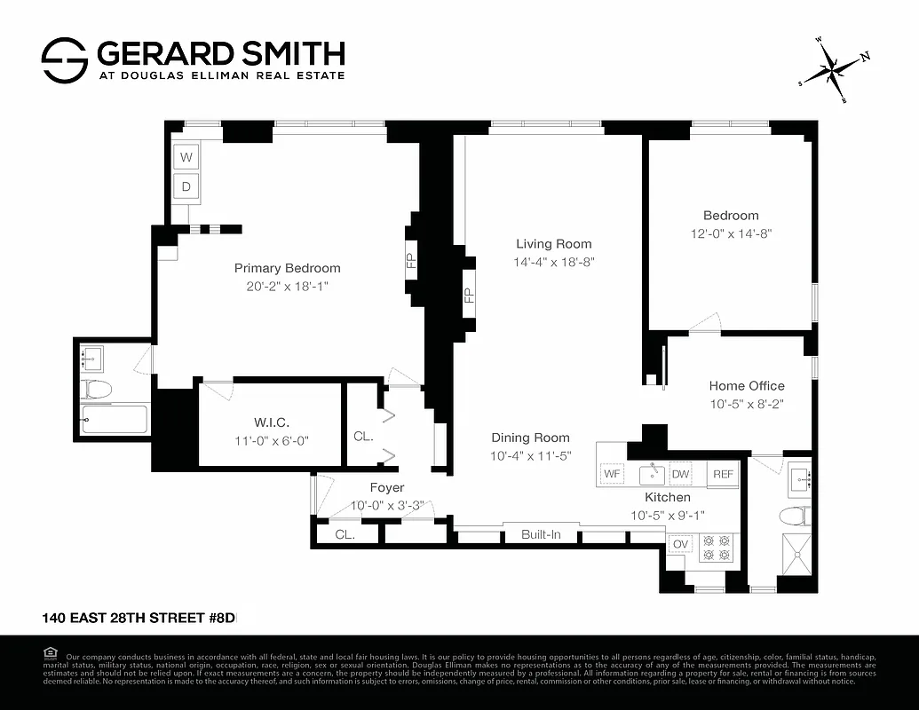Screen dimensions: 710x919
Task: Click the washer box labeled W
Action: pyautogui.click(x=186, y=158)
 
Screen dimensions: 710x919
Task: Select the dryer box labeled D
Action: pyautogui.click(x=186, y=186)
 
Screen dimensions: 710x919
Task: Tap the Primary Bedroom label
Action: pyautogui.click(x=287, y=268)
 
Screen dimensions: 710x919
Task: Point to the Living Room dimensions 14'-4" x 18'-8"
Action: pyautogui.click(x=553, y=262)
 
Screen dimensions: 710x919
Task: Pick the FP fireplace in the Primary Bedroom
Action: pyautogui.click(x=411, y=261)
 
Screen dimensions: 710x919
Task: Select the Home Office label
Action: pyautogui.click(x=746, y=385)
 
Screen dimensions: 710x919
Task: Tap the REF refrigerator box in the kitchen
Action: pyautogui.click(x=723, y=475)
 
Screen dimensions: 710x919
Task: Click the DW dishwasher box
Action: pyautogui.click(x=680, y=475)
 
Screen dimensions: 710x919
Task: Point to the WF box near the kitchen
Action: pyautogui.click(x=613, y=475)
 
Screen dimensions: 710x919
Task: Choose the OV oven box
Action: pyautogui.click(x=680, y=544)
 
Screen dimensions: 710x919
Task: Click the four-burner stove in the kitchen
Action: pyautogui.click(x=716, y=546)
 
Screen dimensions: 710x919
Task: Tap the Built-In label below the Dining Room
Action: pyautogui.click(x=541, y=534)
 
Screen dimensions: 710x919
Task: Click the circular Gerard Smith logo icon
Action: pyautogui.click(x=65, y=59)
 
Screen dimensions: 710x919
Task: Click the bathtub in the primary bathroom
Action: pyautogui.click(x=114, y=419)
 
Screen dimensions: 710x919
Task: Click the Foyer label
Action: pyautogui.click(x=387, y=488)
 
